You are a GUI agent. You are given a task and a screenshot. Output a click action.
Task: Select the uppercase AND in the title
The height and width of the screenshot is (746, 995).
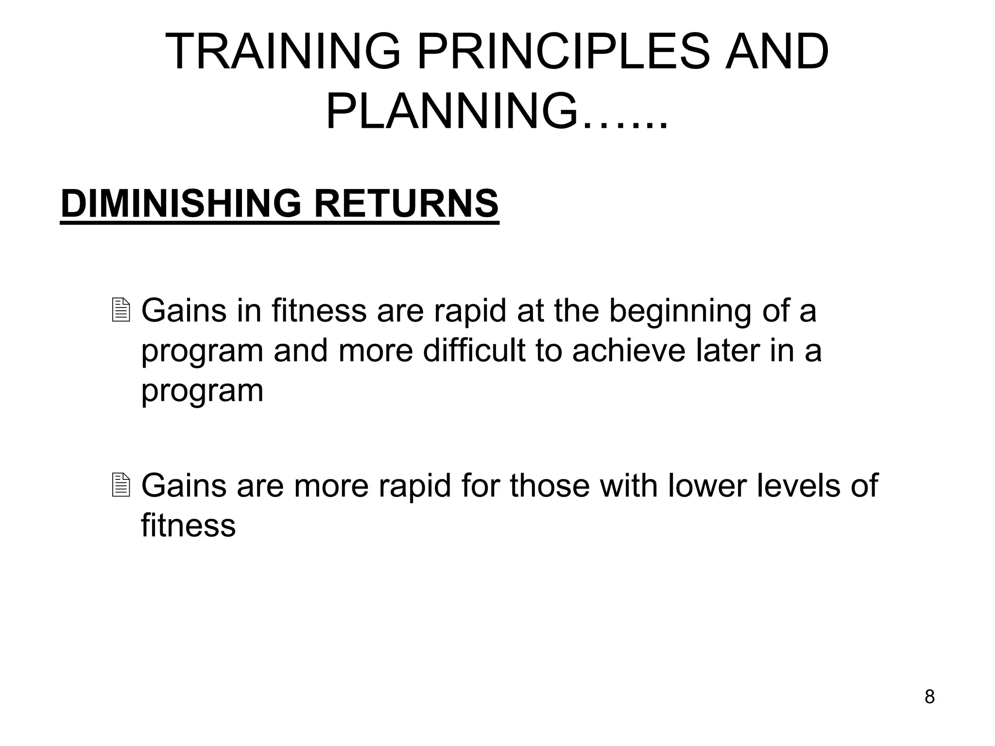[777, 52]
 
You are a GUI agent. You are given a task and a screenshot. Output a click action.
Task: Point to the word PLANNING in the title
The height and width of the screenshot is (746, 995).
[452, 112]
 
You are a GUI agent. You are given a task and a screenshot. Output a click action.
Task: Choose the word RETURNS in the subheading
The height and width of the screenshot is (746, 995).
[406, 203]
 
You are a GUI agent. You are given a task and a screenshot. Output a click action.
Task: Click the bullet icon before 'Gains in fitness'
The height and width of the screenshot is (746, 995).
[120, 310]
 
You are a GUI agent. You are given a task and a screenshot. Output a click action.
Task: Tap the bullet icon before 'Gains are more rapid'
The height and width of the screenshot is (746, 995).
[120, 485]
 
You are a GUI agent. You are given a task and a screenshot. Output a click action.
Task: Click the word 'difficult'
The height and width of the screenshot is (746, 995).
[474, 350]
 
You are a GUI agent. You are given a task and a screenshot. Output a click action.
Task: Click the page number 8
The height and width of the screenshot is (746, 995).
[929, 697]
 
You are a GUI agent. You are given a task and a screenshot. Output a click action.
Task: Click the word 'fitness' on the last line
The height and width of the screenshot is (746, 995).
[188, 525]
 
